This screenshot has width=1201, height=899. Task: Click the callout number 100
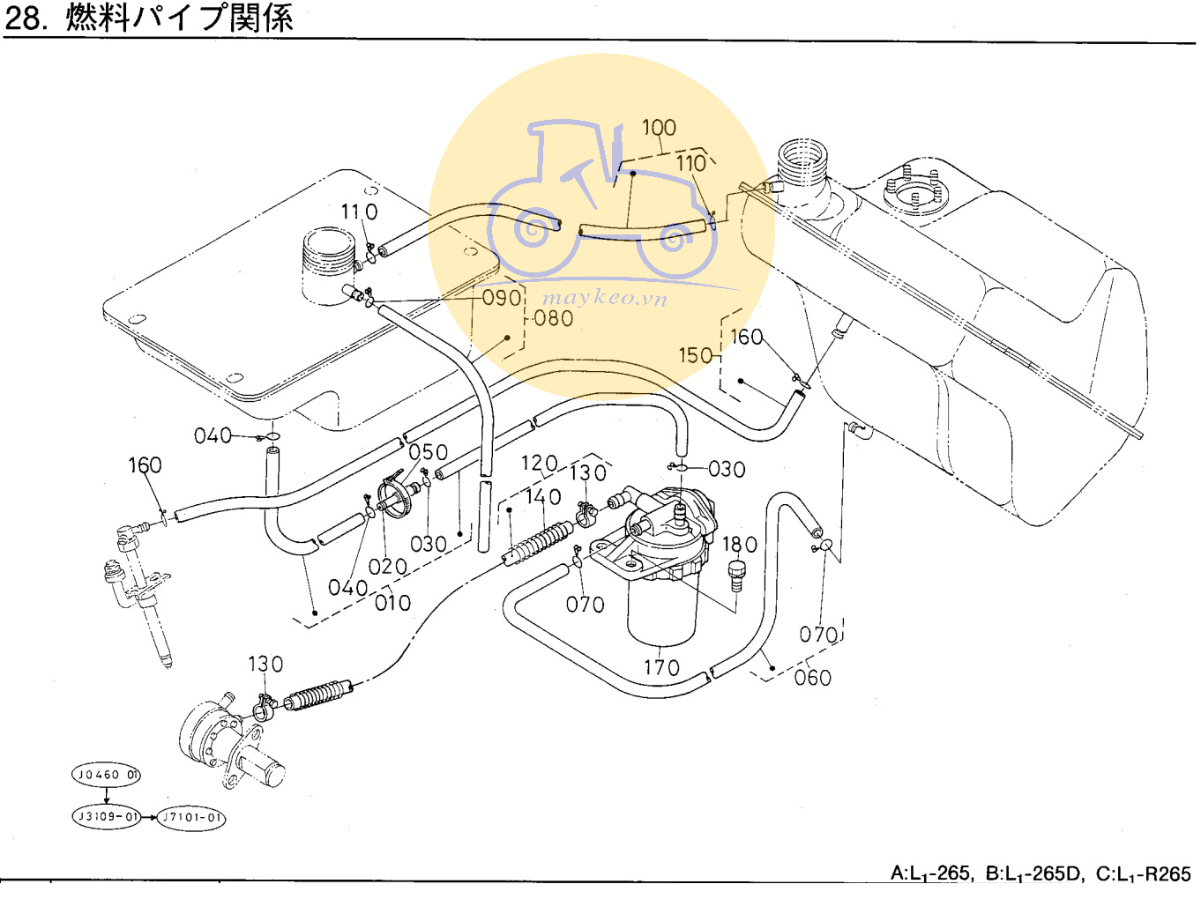[659, 128]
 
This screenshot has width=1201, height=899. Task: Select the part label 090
[501, 298]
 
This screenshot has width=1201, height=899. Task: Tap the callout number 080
[554, 318]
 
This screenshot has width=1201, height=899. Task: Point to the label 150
[695, 355]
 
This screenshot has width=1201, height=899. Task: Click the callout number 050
[429, 452]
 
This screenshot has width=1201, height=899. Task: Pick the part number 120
[539, 464]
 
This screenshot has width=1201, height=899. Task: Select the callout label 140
[543, 497]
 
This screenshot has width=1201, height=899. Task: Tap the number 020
[388, 567]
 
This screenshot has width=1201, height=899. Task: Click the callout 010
[393, 603]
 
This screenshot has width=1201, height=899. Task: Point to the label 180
[740, 545]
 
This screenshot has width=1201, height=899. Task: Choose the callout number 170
[661, 667]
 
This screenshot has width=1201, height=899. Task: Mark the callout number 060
[812, 678]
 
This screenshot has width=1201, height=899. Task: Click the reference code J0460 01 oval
[106, 775]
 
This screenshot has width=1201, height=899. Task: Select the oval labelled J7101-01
[191, 818]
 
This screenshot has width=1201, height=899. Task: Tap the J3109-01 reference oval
[107, 817]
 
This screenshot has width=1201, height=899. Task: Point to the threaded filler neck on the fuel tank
[802, 162]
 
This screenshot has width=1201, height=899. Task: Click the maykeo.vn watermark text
[605, 298]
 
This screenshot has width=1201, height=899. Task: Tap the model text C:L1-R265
[1143, 873]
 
